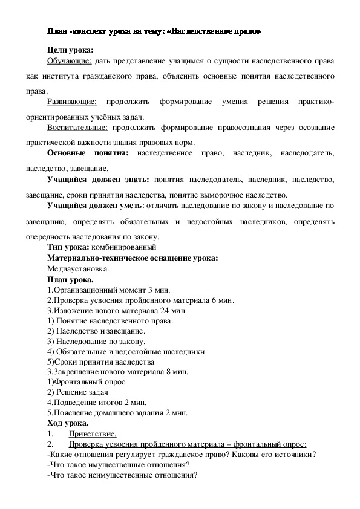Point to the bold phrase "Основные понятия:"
(x=87, y=154)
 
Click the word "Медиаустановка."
(x=78, y=268)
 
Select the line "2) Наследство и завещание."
(x=96, y=331)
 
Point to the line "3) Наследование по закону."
(x=96, y=341)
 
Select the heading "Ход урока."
(x=68, y=423)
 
